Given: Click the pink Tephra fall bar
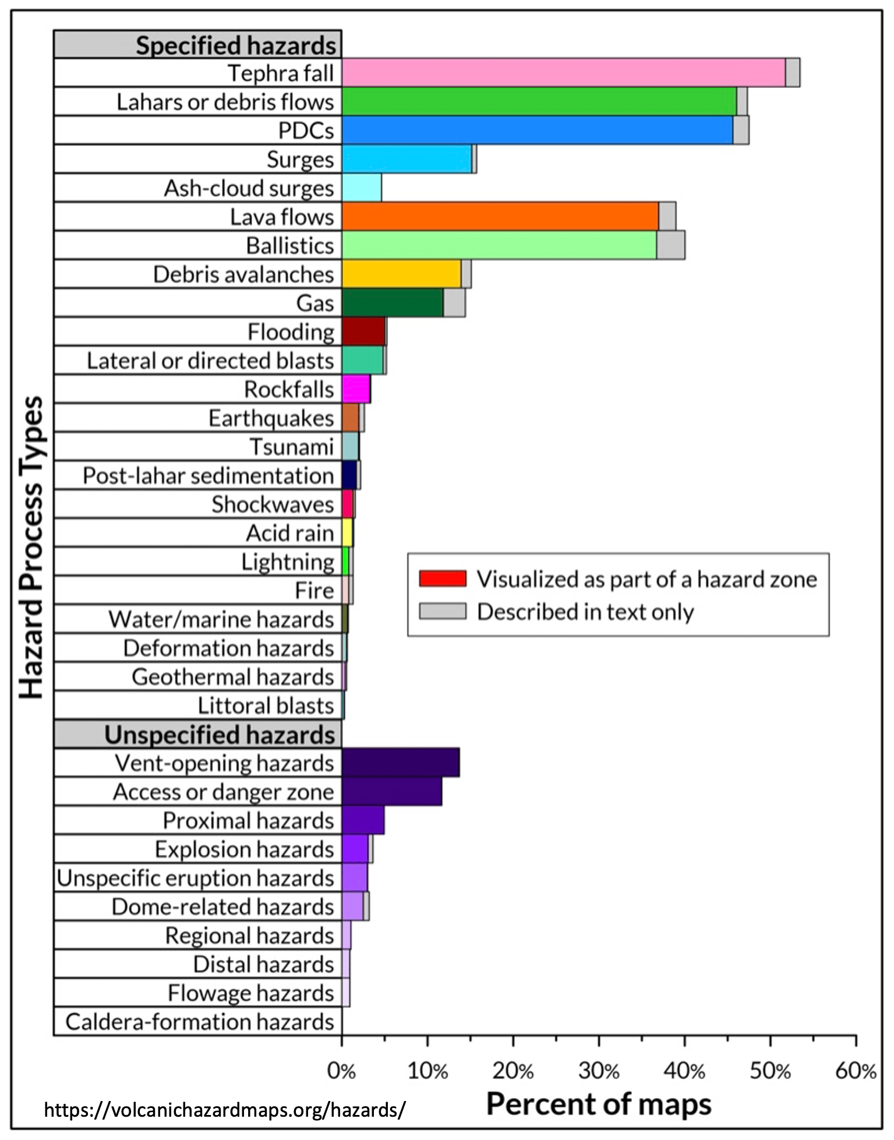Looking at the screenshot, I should point(563,73).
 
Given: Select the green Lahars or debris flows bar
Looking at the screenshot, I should point(539,101).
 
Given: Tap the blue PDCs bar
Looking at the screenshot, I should point(537,130).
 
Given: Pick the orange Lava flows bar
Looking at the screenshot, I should point(500,216).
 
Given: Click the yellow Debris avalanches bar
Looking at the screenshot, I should point(401,274).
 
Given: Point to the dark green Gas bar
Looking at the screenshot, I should point(393,303).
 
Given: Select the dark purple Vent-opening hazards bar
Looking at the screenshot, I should point(401,763).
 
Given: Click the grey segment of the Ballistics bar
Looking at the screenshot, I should point(670,245).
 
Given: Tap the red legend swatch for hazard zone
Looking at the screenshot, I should point(443,578).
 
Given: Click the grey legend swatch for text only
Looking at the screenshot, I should point(443,611).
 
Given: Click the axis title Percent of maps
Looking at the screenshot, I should point(599,1104).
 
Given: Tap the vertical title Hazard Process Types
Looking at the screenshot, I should point(31,548).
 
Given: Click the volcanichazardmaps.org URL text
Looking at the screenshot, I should point(224,1110).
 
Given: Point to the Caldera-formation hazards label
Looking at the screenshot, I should point(199,1022).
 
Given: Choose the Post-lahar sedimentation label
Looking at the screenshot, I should point(208,475).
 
